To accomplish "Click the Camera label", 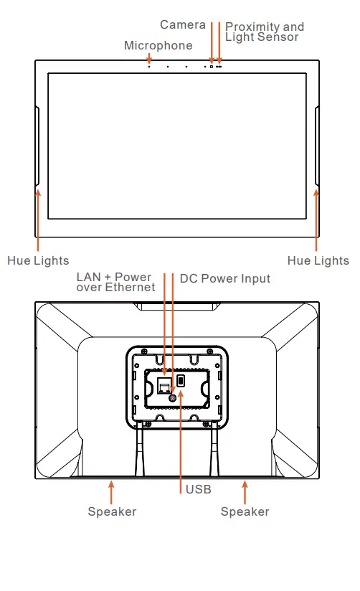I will click(182, 25).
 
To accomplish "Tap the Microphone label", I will click(158, 46).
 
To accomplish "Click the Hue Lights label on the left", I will click(38, 261).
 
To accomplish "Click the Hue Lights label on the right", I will click(318, 261).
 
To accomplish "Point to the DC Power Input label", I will click(225, 278).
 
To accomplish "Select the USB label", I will click(199, 490).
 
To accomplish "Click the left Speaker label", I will click(112, 512).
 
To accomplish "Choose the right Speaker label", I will click(245, 512).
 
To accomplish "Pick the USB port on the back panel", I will click(181, 381).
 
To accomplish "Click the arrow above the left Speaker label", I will click(111, 492).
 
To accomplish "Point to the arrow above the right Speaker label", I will click(245, 492).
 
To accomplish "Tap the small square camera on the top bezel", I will click(211, 67).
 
